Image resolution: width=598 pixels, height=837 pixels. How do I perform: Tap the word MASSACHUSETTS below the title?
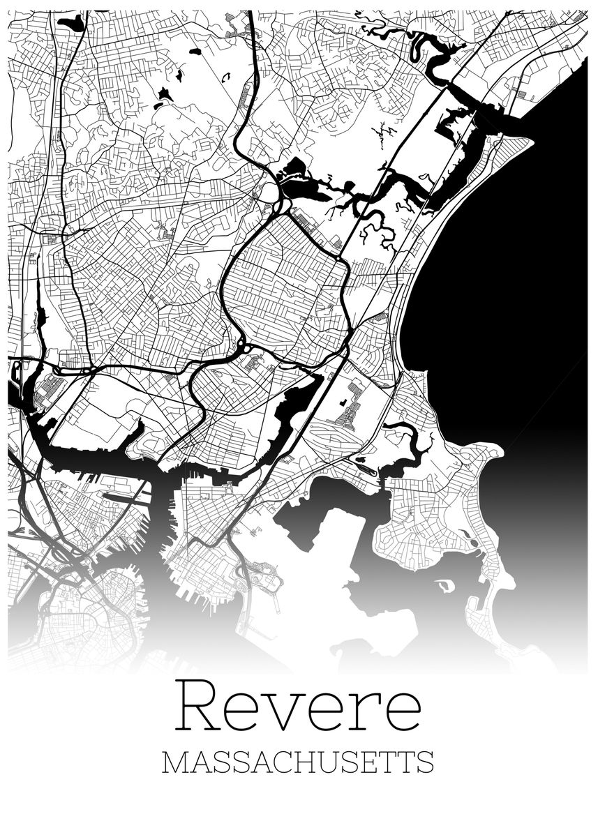coord(298,762)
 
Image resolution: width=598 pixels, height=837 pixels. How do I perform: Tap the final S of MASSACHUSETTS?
coord(425,762)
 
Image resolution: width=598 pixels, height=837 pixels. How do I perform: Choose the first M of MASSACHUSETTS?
coord(173,762)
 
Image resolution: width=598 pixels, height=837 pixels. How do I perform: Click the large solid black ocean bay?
coord(502,279)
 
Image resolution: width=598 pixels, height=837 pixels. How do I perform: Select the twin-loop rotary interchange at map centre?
coord(244,345)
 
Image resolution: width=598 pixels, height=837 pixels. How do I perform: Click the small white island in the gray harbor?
coord(444,586)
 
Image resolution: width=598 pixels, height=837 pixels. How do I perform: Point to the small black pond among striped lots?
coord(343,402)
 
